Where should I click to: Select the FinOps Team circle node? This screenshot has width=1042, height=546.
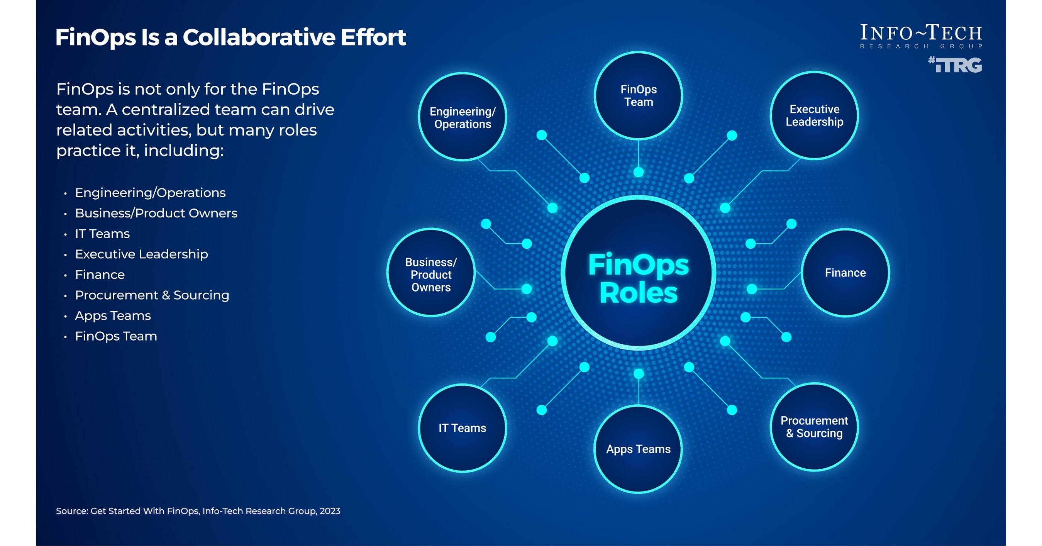click(638, 95)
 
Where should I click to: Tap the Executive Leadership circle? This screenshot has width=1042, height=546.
click(814, 115)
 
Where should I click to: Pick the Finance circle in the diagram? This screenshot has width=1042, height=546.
click(845, 273)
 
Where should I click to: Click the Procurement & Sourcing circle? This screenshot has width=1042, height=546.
click(814, 427)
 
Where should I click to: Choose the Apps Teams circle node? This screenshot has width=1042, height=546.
click(638, 449)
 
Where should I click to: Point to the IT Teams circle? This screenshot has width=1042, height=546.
click(463, 428)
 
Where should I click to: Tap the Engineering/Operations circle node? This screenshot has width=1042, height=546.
click(463, 117)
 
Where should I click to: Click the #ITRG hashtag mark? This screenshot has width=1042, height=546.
click(955, 65)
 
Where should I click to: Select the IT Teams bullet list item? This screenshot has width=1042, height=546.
click(102, 234)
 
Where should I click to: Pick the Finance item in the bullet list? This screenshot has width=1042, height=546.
click(100, 275)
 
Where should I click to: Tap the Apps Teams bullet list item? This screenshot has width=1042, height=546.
click(113, 316)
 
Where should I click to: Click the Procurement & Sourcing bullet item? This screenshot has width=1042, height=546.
click(152, 295)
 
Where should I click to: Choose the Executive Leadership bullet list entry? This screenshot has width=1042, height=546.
click(142, 254)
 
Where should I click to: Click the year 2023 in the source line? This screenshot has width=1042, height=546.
click(330, 511)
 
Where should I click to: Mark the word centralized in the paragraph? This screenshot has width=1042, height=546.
click(165, 110)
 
